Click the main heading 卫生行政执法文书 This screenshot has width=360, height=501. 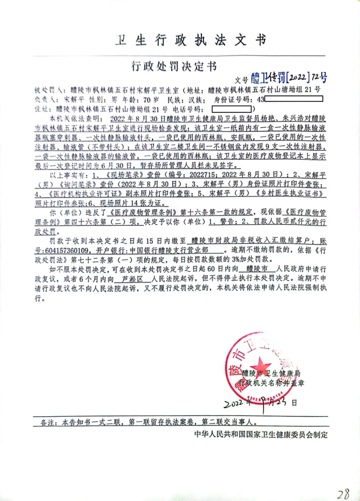190,40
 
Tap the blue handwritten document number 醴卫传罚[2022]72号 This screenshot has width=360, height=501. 289,77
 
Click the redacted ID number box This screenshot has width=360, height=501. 294,99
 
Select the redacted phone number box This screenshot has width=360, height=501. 232,109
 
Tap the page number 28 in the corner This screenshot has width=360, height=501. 342,494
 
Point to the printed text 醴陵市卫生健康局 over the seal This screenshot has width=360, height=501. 271,373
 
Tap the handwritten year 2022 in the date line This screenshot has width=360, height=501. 233,403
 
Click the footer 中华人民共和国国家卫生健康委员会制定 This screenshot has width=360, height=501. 261,435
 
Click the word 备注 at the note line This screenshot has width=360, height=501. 48,422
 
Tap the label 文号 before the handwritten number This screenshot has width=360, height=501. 242,80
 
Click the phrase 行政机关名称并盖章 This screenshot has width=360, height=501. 271,383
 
